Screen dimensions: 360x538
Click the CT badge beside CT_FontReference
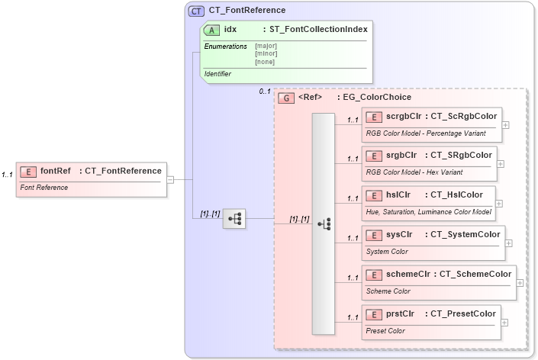pos(197,11)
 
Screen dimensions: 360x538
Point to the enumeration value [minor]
pos(266,53)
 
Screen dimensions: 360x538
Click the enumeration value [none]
pos(265,62)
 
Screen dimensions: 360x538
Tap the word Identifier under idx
pos(218,74)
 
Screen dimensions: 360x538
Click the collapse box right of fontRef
pos(170,180)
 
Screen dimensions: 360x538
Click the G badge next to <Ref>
pos(286,98)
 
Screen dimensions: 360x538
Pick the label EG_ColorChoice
pos(377,98)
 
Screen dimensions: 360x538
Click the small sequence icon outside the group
pos(234,219)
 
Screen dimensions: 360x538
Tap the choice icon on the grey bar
pos(324,223)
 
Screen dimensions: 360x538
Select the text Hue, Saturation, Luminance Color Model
pos(428,212)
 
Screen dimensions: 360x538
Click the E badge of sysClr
pos(375,234)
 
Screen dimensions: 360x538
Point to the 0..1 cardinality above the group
pos(265,92)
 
